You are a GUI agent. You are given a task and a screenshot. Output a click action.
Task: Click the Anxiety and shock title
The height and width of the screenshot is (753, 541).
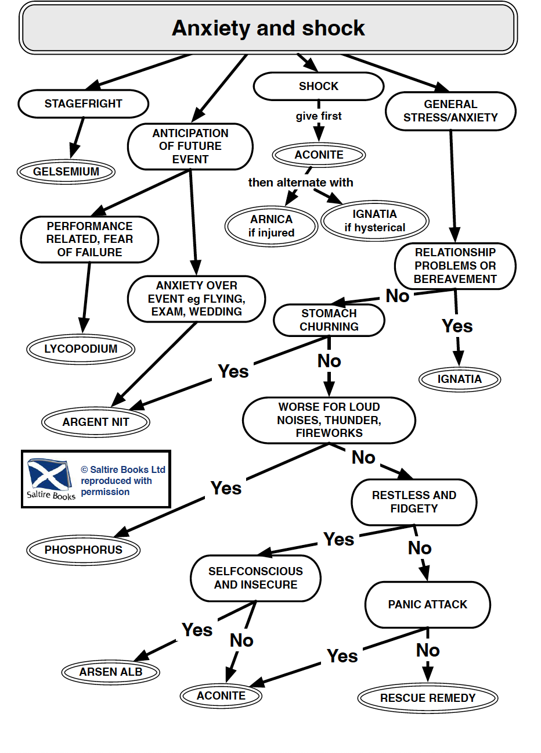268,28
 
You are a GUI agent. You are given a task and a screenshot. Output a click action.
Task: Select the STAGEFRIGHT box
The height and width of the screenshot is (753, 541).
84,104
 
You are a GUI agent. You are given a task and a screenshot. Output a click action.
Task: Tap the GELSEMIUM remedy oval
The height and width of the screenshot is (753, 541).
66,171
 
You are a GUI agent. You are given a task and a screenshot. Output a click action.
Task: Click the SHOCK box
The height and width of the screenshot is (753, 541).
318,87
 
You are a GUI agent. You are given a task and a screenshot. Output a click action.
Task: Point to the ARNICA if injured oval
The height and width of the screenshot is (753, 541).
271,226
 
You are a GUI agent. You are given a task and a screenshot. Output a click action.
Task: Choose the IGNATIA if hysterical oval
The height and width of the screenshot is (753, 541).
374,221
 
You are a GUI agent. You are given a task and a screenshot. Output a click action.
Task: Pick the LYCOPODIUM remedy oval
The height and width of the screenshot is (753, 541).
81,349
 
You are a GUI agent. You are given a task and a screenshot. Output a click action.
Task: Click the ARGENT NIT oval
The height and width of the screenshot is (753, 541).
96,422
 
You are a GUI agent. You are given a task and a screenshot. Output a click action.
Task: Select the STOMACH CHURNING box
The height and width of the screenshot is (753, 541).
329,320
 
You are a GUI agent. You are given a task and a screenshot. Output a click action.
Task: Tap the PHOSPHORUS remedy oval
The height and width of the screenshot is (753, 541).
84,550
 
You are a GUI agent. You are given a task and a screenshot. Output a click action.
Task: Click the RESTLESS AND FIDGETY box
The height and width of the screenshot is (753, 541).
414,502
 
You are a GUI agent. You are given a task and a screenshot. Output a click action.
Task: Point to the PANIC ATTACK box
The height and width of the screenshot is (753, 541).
427,605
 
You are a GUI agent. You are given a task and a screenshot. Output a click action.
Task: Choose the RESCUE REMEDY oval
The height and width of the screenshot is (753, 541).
428,698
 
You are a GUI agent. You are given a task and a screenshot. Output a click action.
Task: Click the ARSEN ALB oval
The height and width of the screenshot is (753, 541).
111,672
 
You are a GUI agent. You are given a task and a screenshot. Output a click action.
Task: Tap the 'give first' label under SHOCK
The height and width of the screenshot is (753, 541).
319,116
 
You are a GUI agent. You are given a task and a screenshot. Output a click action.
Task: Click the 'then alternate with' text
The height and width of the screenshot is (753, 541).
301,182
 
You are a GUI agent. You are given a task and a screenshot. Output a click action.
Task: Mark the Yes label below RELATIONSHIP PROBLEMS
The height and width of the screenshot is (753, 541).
457,326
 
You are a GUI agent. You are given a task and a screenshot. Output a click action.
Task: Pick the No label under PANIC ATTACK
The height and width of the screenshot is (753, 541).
428,650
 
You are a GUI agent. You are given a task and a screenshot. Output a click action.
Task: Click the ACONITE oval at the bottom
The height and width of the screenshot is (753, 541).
221,695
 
